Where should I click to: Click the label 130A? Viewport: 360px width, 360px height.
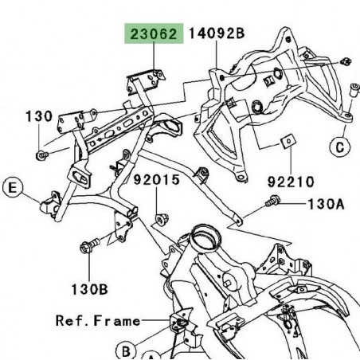click(x=326, y=204)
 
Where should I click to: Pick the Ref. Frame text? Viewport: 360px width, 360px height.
click(x=99, y=321)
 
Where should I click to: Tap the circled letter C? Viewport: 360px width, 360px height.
click(x=339, y=146)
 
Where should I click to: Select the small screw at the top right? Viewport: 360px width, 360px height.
click(x=346, y=61)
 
